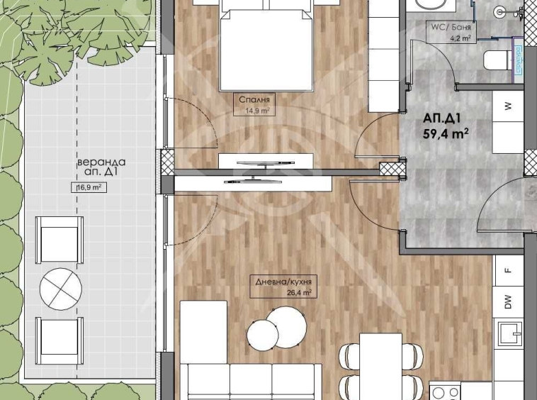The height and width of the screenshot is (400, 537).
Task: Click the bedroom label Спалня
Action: pos(254,100)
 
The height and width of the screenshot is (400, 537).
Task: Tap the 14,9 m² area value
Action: pos(257,111)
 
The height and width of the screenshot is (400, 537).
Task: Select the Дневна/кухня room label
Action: pos(283,282)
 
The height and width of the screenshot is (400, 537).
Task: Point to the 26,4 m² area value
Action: pos(299,292)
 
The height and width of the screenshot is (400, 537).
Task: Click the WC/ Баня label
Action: pos(451,27)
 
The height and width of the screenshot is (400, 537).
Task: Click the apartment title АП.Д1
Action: pos(442,118)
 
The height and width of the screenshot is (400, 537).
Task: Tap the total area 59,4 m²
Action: pos(446,133)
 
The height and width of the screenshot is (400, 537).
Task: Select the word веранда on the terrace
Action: pos(101,162)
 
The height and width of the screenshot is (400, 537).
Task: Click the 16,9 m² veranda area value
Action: pos(89,187)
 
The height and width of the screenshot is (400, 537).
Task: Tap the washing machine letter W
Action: pos(508,106)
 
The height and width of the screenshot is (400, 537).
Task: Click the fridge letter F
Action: pos(508,270)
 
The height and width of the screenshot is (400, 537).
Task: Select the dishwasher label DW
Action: pos(508,301)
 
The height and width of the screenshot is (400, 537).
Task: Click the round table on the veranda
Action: pos(61,289)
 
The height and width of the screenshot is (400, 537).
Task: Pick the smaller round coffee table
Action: pos(263,335)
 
